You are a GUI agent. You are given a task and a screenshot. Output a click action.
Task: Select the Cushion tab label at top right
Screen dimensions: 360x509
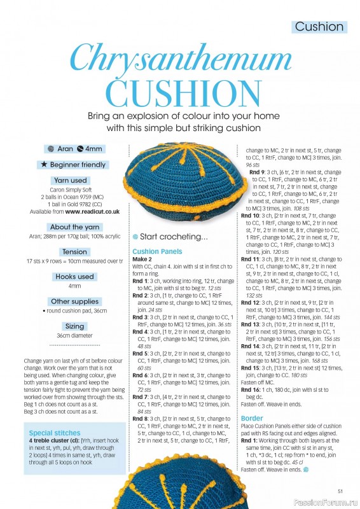click(x=319, y=27)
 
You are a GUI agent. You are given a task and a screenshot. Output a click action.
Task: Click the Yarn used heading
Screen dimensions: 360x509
click(x=71, y=180)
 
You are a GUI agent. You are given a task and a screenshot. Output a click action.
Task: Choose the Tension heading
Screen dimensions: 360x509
click(x=74, y=252)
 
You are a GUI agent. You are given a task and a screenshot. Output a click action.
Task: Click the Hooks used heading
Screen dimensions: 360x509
click(x=74, y=277)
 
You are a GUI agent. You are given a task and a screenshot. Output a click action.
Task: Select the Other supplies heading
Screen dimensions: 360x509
click(x=74, y=302)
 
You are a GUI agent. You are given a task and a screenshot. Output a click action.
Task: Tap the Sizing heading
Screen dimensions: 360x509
click(x=74, y=326)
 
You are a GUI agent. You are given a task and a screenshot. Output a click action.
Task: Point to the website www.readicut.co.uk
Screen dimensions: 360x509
click(x=92, y=211)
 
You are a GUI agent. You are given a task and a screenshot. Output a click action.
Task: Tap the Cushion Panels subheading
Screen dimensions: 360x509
click(x=157, y=251)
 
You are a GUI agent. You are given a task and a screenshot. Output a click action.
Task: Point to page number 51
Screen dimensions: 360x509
click(x=340, y=490)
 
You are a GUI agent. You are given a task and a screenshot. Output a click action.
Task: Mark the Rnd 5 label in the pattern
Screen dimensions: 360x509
click(x=140, y=353)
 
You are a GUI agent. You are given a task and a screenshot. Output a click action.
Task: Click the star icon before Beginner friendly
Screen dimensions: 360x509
click(x=44, y=165)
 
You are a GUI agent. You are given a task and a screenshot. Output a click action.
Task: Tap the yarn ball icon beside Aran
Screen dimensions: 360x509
click(x=50, y=149)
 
